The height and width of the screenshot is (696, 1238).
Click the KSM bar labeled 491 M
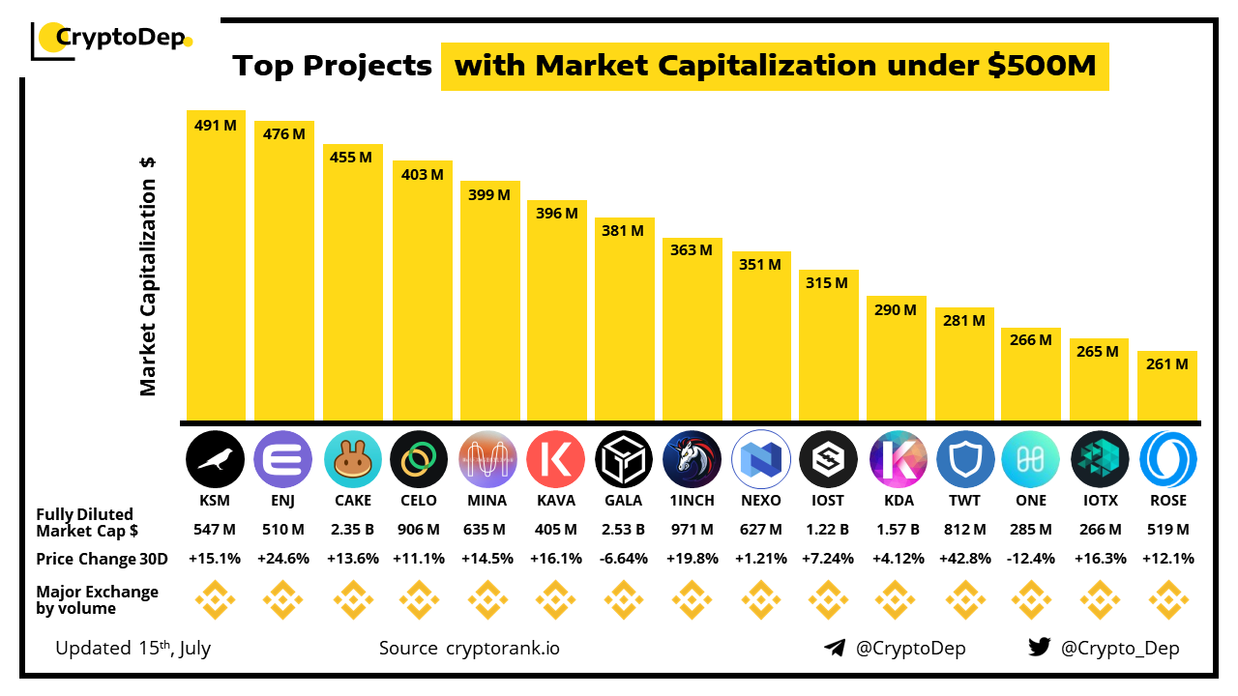coord(216,266)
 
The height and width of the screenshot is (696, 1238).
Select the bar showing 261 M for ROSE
coord(1167,387)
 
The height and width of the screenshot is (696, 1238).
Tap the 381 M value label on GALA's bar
coord(623,231)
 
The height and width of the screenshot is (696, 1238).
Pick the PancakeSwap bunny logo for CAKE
coord(352,459)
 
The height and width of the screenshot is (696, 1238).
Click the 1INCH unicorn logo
coord(693,459)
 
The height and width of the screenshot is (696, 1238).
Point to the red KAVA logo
coord(556,459)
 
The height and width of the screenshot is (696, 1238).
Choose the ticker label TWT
coord(964,501)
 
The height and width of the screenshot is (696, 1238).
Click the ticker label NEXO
coord(760,501)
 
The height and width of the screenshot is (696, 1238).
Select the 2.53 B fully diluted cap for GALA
coord(624,530)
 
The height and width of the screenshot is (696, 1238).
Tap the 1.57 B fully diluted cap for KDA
coord(897,530)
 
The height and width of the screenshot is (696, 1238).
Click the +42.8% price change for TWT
coord(964,559)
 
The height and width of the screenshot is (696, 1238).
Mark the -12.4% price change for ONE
coord(1031,559)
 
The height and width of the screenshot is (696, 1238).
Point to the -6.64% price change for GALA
coord(624,559)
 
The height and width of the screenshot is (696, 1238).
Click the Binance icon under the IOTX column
coord(1099,600)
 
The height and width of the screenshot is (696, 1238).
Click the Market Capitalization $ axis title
coord(148,275)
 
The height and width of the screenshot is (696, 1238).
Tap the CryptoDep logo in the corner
coord(112,39)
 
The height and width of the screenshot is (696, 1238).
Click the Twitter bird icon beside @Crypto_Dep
coord(1040,648)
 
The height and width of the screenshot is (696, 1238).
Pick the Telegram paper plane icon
coord(835,648)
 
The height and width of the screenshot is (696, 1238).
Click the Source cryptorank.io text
coord(469,648)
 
